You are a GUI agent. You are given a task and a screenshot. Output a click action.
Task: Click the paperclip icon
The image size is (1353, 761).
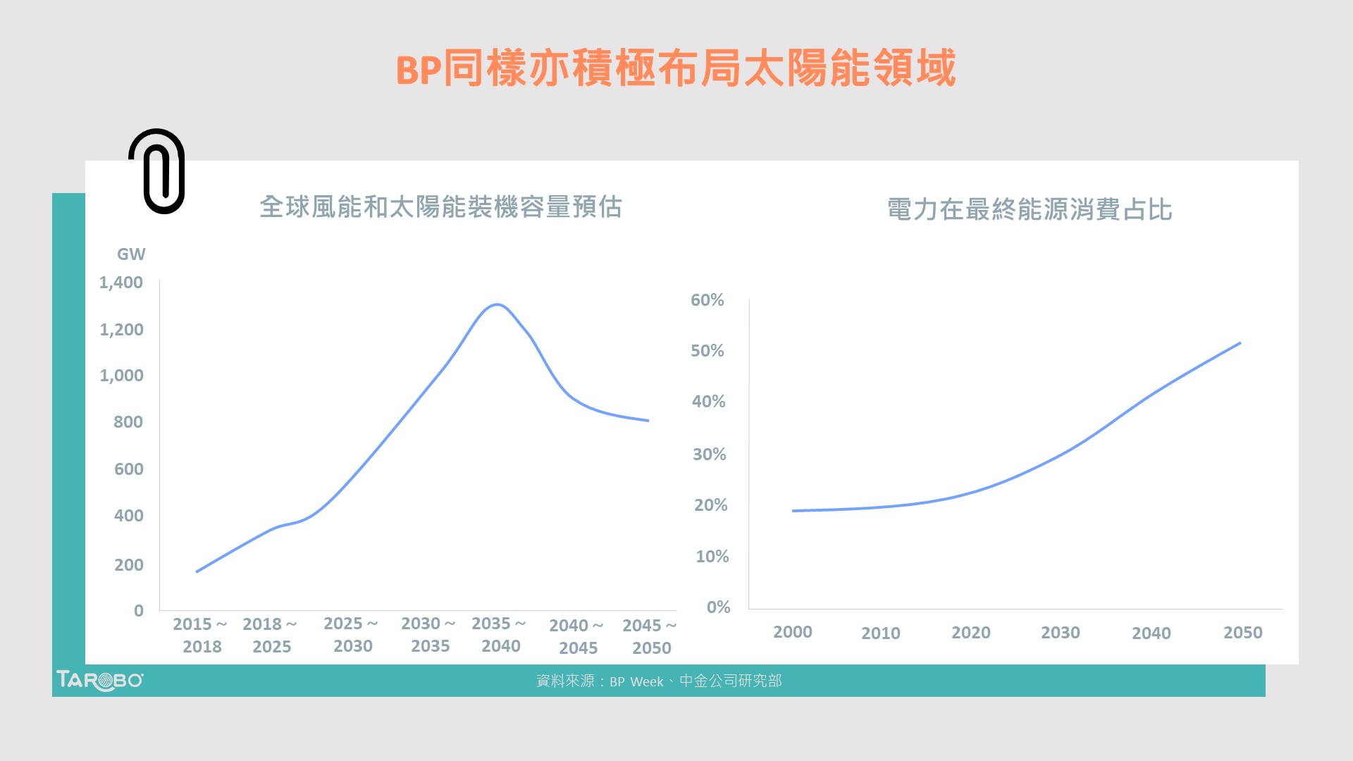click(x=156, y=171)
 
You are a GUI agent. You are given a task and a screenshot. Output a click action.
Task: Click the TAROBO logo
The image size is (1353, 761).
click(x=99, y=681)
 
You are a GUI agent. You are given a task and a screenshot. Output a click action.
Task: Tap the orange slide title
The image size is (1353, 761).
click(x=675, y=68)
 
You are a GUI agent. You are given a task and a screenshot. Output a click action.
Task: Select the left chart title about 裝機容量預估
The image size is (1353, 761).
click(x=440, y=207)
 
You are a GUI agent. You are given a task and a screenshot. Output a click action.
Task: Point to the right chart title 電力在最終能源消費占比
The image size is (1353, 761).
click(x=1029, y=209)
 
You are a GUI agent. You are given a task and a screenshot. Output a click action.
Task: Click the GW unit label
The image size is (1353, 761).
click(x=131, y=254)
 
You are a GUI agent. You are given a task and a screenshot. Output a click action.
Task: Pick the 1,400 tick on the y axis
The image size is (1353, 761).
click(x=121, y=283)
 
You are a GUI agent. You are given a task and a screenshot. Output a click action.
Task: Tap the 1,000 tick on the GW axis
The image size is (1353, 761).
click(x=121, y=376)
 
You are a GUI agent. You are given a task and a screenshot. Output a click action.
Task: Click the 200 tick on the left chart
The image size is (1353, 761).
click(x=128, y=565)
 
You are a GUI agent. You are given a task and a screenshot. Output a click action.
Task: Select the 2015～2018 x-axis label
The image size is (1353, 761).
click(x=201, y=635)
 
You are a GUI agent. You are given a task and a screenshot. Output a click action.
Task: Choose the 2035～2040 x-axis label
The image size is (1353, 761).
click(x=500, y=634)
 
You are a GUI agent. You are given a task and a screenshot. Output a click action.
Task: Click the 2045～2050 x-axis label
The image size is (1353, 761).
click(x=650, y=636)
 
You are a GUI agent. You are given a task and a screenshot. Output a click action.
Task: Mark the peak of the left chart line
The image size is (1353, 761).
click(x=498, y=304)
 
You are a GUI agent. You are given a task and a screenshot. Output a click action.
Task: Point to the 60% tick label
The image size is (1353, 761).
click(x=707, y=300)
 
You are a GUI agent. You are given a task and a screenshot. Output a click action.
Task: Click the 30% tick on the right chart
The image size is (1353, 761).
click(x=709, y=454)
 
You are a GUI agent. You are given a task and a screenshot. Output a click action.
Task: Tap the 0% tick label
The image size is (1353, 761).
click(x=718, y=607)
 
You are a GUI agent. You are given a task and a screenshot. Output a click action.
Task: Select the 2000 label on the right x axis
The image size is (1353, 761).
click(x=793, y=632)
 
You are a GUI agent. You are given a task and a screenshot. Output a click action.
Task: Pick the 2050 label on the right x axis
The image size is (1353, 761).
click(x=1242, y=633)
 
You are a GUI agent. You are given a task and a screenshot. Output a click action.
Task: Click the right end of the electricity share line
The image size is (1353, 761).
click(x=1240, y=343)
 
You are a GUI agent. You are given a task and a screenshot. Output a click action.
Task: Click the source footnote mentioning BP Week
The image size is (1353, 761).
click(x=659, y=681)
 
